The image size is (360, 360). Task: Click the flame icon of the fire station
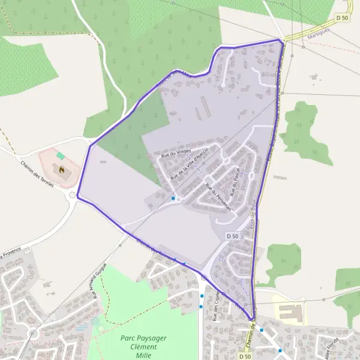[61, 170]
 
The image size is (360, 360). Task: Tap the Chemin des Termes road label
[37, 174]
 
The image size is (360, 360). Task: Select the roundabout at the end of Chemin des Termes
[73, 195]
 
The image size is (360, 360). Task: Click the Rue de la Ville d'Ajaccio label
[189, 163]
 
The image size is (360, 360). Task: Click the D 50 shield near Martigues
[342, 19]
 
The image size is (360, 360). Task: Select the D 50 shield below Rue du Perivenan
[233, 236]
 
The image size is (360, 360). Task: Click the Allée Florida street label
[332, 348]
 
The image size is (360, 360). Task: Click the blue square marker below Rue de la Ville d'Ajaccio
[173, 198]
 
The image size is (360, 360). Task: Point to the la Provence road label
[11, 251]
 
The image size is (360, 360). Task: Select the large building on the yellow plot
[291, 312]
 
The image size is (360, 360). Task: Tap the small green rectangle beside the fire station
[60, 156]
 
